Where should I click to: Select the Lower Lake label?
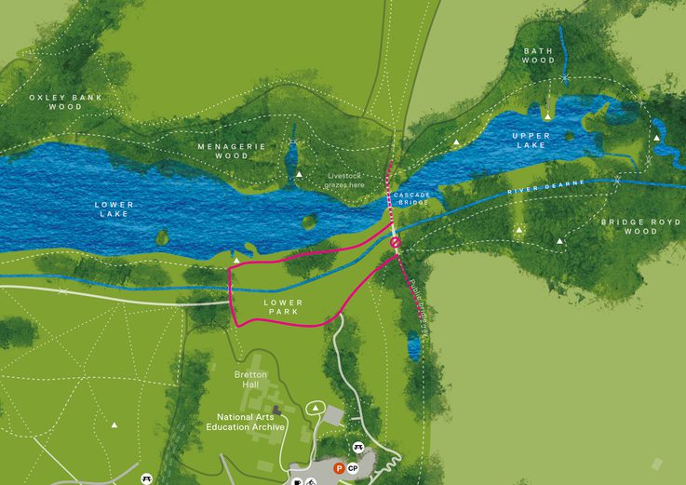coord(114,209)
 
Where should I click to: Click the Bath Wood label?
coord(538,55)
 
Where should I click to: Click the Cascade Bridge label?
coord(411,197)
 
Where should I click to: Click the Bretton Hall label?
coord(249,380)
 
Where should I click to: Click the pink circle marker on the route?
coord(396,243)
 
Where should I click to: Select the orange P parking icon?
coord(339,468)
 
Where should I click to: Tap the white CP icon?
coord(353,468)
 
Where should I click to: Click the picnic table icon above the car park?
coord(358,448)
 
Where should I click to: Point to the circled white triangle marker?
coord(315,407)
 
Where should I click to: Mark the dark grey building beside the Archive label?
coord(276,410)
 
